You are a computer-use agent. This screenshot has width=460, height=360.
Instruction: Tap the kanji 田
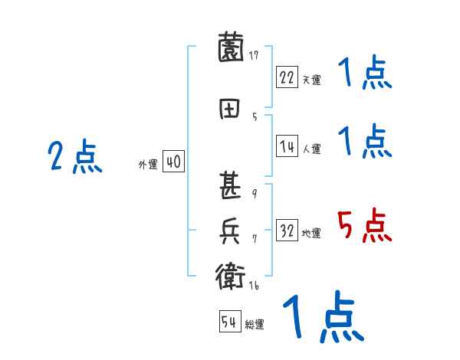[231, 110]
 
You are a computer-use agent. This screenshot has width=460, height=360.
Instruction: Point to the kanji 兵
[231, 231]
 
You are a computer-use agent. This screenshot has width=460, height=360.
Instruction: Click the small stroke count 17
[254, 55]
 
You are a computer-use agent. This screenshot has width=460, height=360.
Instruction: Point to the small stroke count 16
[254, 286]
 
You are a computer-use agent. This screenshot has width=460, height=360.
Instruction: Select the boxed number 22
[287, 77]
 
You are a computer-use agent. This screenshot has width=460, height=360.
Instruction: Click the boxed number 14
[287, 146]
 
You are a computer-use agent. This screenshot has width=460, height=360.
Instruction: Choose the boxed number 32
[287, 231]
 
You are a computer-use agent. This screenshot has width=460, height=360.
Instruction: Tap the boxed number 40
[173, 162]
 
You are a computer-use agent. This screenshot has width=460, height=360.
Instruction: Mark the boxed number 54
[230, 322]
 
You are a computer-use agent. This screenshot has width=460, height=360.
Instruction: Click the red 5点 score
[364, 227]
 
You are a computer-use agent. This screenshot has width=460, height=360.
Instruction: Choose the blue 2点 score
[75, 157]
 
